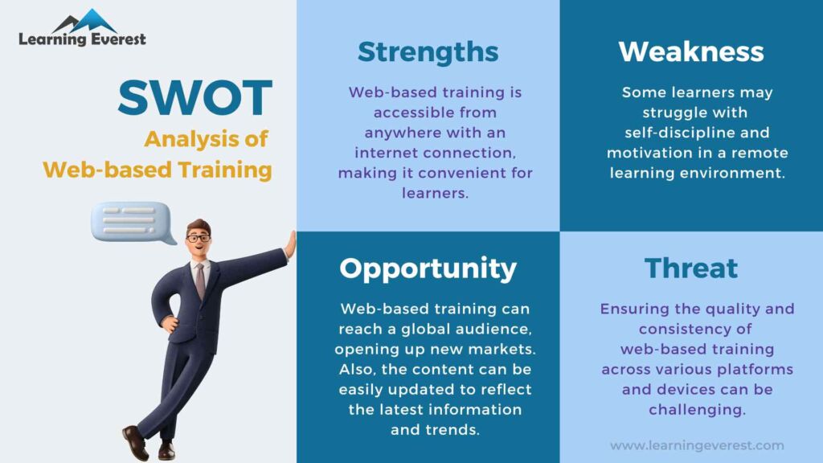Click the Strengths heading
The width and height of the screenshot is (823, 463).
(428, 52)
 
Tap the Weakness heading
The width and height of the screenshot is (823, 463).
(690, 52)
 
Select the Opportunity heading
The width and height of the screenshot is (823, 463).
(428, 268)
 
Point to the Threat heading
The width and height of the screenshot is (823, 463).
(690, 268)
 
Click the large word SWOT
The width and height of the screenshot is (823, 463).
(194, 98)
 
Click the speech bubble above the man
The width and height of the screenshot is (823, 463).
(133, 221)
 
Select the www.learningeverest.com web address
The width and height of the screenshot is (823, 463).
(697, 445)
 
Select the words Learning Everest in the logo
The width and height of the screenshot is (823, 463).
(82, 39)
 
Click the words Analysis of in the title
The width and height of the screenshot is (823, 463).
(206, 139)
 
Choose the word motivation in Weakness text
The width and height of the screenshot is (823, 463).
(649, 153)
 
